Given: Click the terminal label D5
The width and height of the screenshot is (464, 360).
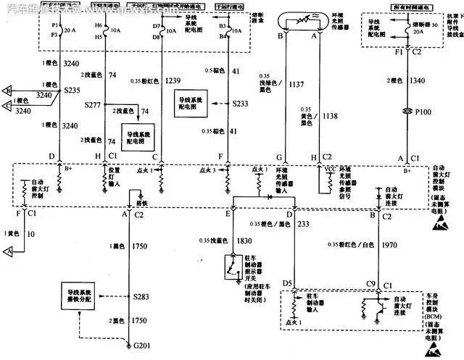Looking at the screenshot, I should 288,283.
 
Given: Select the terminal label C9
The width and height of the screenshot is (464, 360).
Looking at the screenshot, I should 370,283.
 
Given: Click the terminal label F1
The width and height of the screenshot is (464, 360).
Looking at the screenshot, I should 398,51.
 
